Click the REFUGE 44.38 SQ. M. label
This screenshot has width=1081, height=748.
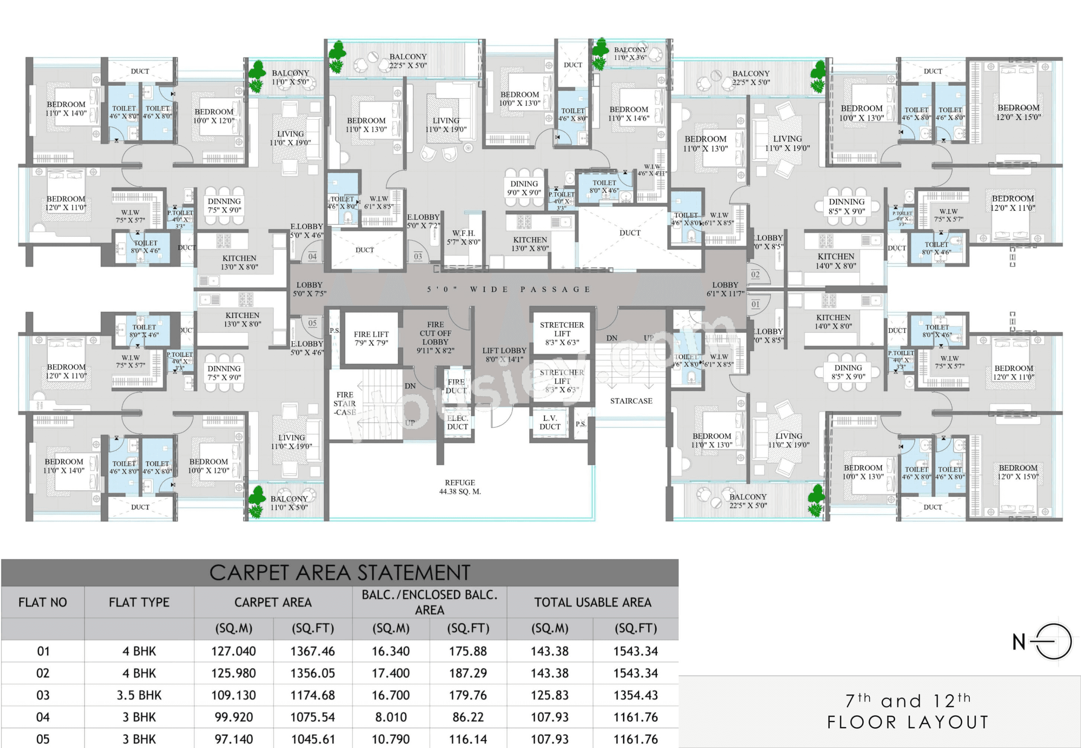(x=460, y=487)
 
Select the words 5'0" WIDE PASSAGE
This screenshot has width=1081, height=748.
(x=508, y=289)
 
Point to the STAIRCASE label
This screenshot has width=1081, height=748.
(x=631, y=401)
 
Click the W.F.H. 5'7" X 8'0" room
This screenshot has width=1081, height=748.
(x=463, y=237)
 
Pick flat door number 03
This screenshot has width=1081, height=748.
(x=418, y=256)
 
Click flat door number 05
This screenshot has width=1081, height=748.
(x=312, y=323)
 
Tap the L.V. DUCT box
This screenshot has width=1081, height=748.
(x=549, y=422)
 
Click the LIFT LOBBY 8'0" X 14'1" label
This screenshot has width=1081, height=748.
(x=504, y=355)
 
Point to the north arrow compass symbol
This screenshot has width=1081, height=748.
(x=1053, y=642)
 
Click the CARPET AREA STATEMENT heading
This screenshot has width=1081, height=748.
(x=339, y=573)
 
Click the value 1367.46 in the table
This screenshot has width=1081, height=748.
(x=312, y=651)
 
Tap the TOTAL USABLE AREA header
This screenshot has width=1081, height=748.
(x=593, y=602)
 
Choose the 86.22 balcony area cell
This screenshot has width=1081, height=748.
(x=468, y=717)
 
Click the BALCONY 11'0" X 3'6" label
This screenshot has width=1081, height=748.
(x=630, y=54)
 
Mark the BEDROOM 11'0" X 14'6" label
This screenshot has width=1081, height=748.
(x=629, y=113)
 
